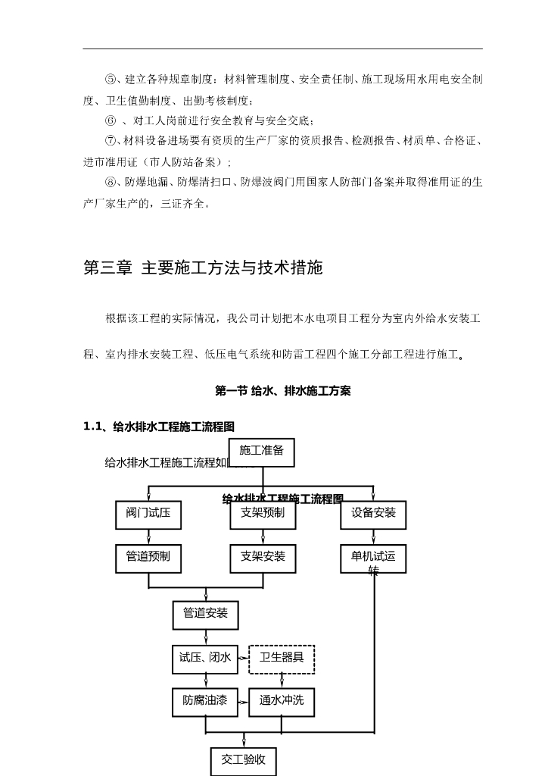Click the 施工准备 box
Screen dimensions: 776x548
pyautogui.click(x=261, y=452)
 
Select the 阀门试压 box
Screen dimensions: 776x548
pyautogui.click(x=148, y=514)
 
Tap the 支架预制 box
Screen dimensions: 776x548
pyautogui.click(x=263, y=514)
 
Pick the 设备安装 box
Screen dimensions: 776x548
pyautogui.click(x=372, y=514)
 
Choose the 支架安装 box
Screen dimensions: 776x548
pyautogui.click(x=263, y=558)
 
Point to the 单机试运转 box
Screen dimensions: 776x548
pyautogui.click(x=372, y=559)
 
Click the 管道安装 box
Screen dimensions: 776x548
pyautogui.click(x=205, y=614)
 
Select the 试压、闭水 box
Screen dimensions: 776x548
pyautogui.click(x=204, y=659)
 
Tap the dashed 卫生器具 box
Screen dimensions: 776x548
pyautogui.click(x=282, y=659)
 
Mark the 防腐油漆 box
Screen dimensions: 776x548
pyautogui.click(x=204, y=702)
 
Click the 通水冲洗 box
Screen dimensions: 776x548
pyautogui.click(x=282, y=702)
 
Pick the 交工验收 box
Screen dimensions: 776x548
pyautogui.click(x=243, y=760)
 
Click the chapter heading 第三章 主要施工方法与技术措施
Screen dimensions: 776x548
pyautogui.click(x=203, y=268)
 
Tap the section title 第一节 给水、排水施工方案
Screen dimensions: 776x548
pyautogui.click(x=282, y=391)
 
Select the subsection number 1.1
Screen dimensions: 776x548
pyautogui.click(x=92, y=427)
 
